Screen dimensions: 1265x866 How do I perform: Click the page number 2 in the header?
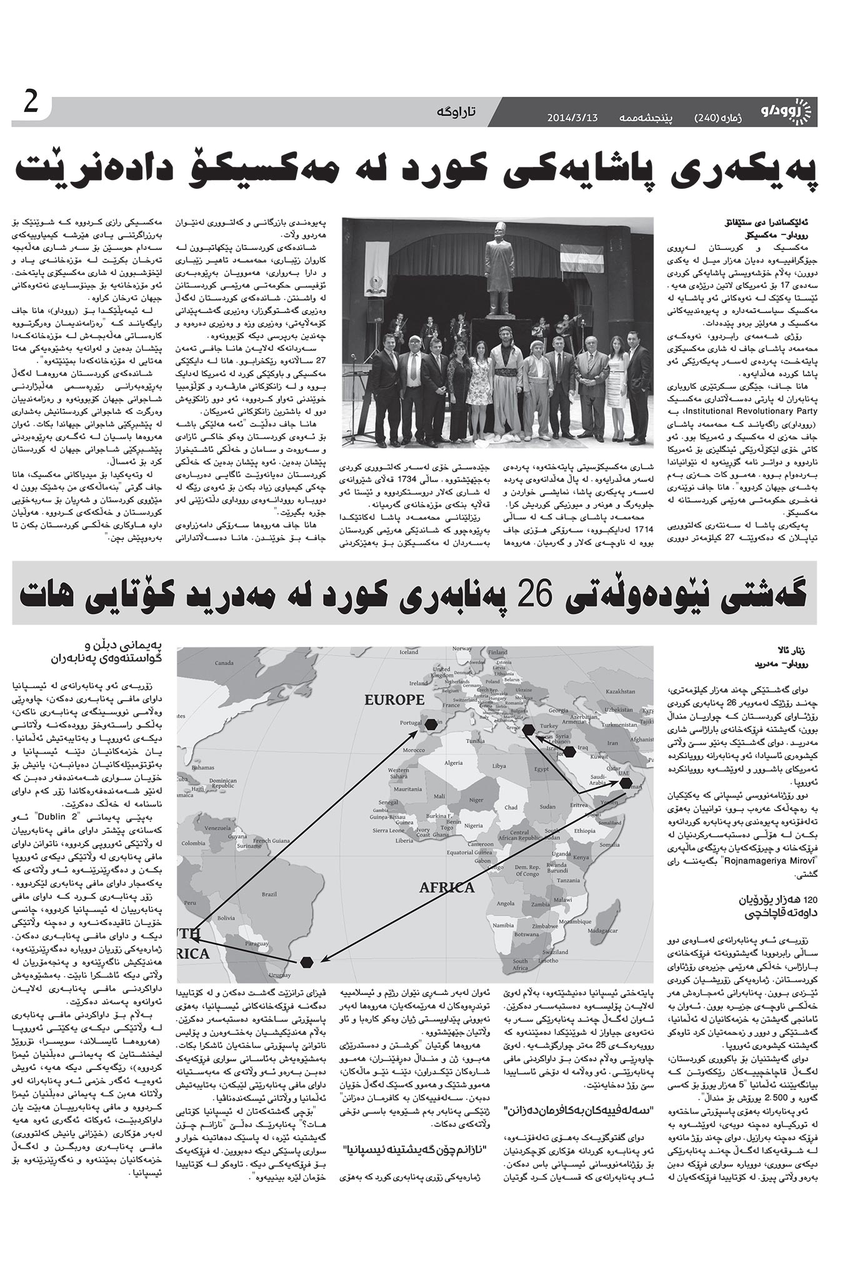pos(29,103)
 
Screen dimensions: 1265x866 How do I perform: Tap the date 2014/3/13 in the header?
pos(572,117)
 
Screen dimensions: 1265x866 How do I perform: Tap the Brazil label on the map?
pos(269,894)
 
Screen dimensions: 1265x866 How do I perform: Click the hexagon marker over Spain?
pos(431,725)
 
